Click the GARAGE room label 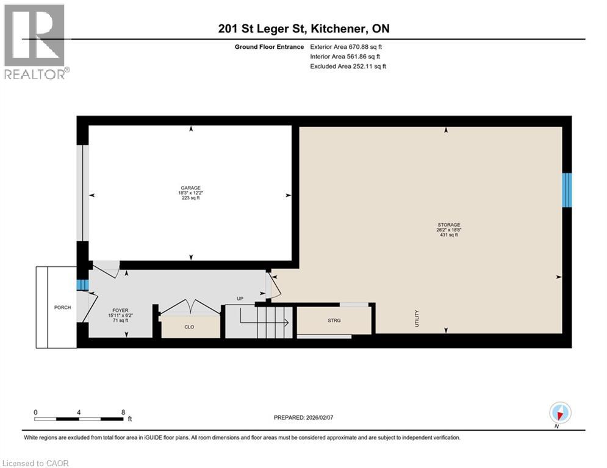click(190, 188)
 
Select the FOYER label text click(120, 310)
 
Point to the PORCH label click(62, 307)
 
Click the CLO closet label click(189, 327)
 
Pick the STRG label click(334, 320)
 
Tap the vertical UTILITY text click(417, 318)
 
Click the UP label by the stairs click(240, 299)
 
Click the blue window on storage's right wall click(567, 190)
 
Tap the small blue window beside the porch click(79, 285)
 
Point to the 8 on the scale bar click(123, 412)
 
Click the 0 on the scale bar click(35, 412)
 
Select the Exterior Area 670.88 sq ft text click(346, 46)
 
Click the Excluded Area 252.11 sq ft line click(348, 66)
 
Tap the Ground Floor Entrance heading click(270, 46)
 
